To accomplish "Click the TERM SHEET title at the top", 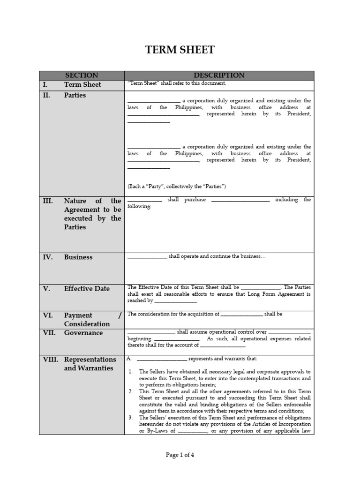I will coord(180,50).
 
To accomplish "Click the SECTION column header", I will coord(82,75).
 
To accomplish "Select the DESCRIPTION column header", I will coord(219,75).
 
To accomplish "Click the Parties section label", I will coord(75,95).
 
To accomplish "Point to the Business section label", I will coord(78,257).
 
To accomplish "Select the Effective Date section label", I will coord(87,289).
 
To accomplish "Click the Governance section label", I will coord(83,333).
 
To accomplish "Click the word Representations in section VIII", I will coord(90,360).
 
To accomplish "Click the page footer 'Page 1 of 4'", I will coord(180,455).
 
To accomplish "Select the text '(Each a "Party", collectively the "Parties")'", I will coord(177,187).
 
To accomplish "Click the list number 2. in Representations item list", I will coord(131,391).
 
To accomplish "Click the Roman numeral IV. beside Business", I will coord(48,257).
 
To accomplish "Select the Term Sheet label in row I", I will coord(82,85).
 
